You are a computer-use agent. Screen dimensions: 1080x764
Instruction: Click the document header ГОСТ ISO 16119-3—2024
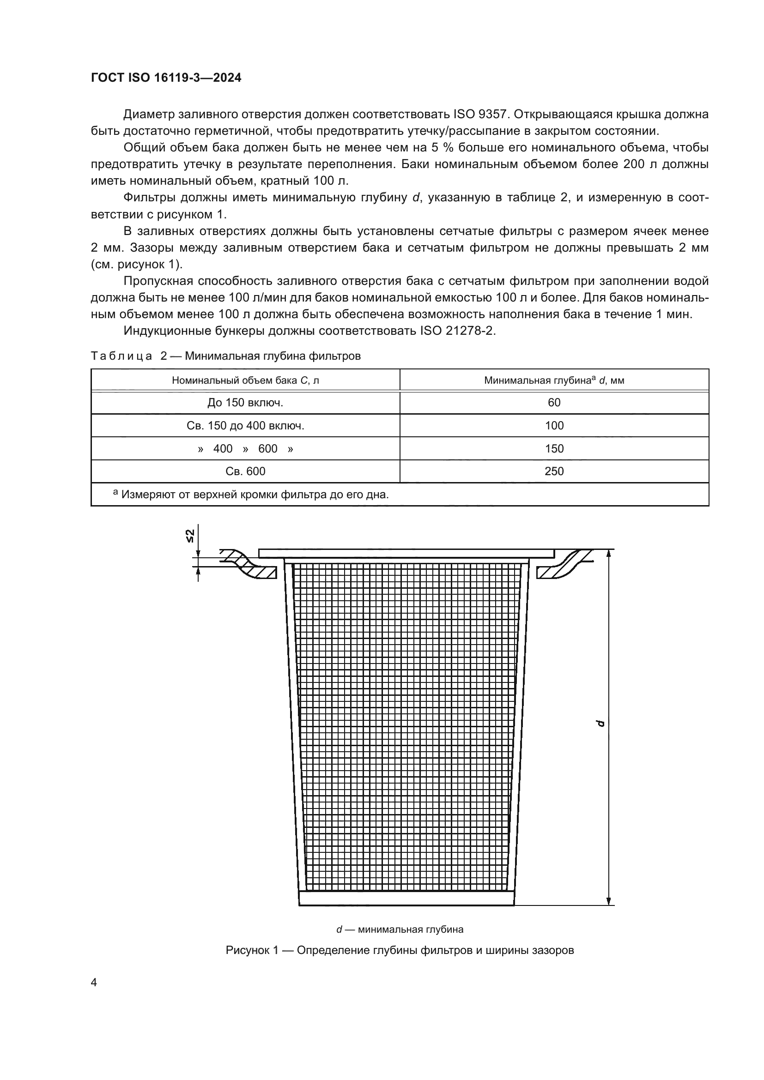[166, 78]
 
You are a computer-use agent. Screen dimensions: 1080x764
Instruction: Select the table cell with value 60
[554, 403]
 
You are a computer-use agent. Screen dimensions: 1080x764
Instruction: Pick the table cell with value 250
[554, 471]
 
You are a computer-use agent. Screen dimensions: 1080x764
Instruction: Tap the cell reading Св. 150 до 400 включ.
[245, 426]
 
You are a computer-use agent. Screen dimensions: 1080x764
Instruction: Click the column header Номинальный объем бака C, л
[245, 380]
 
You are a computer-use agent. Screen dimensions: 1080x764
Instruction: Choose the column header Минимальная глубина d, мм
[554, 380]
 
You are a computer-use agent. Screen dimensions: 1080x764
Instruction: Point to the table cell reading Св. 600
[245, 471]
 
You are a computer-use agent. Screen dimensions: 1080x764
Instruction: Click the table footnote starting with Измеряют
[254, 495]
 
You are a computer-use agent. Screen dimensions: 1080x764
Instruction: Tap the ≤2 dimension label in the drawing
[189, 536]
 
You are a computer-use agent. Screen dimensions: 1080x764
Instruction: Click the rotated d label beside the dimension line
[600, 724]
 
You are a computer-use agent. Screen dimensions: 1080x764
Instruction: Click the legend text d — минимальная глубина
[400, 929]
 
